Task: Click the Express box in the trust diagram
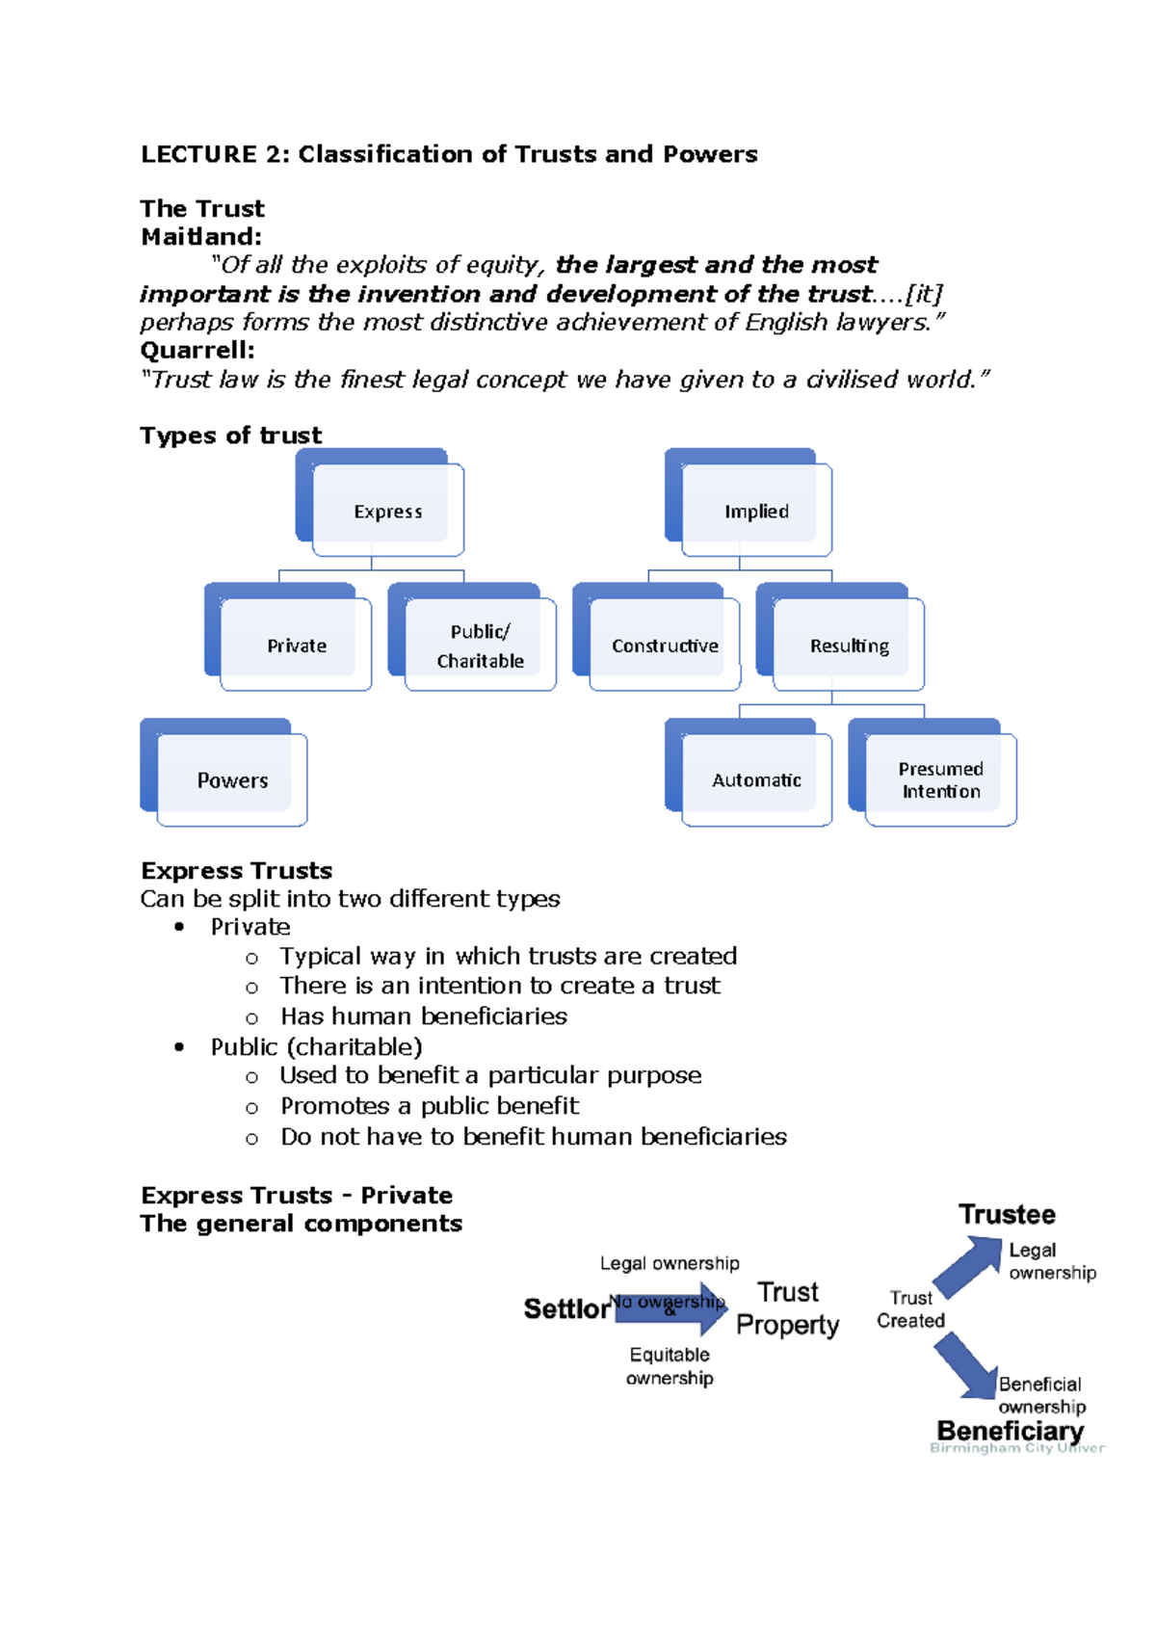[387, 511]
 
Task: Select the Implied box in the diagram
[756, 511]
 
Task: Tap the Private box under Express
[297, 646]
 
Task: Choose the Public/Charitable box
[480, 646]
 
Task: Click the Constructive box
[665, 646]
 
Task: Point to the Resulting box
[849, 646]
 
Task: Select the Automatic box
[756, 780]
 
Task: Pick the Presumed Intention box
[940, 780]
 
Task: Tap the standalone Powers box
[232, 780]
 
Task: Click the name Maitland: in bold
[201, 237]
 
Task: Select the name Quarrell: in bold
[197, 351]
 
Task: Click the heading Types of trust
[231, 435]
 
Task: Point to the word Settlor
[566, 1309]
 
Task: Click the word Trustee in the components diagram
[1007, 1215]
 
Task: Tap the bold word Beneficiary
[1011, 1431]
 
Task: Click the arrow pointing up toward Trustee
[969, 1266]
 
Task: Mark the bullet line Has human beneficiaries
[423, 1016]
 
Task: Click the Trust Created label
[910, 1309]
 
